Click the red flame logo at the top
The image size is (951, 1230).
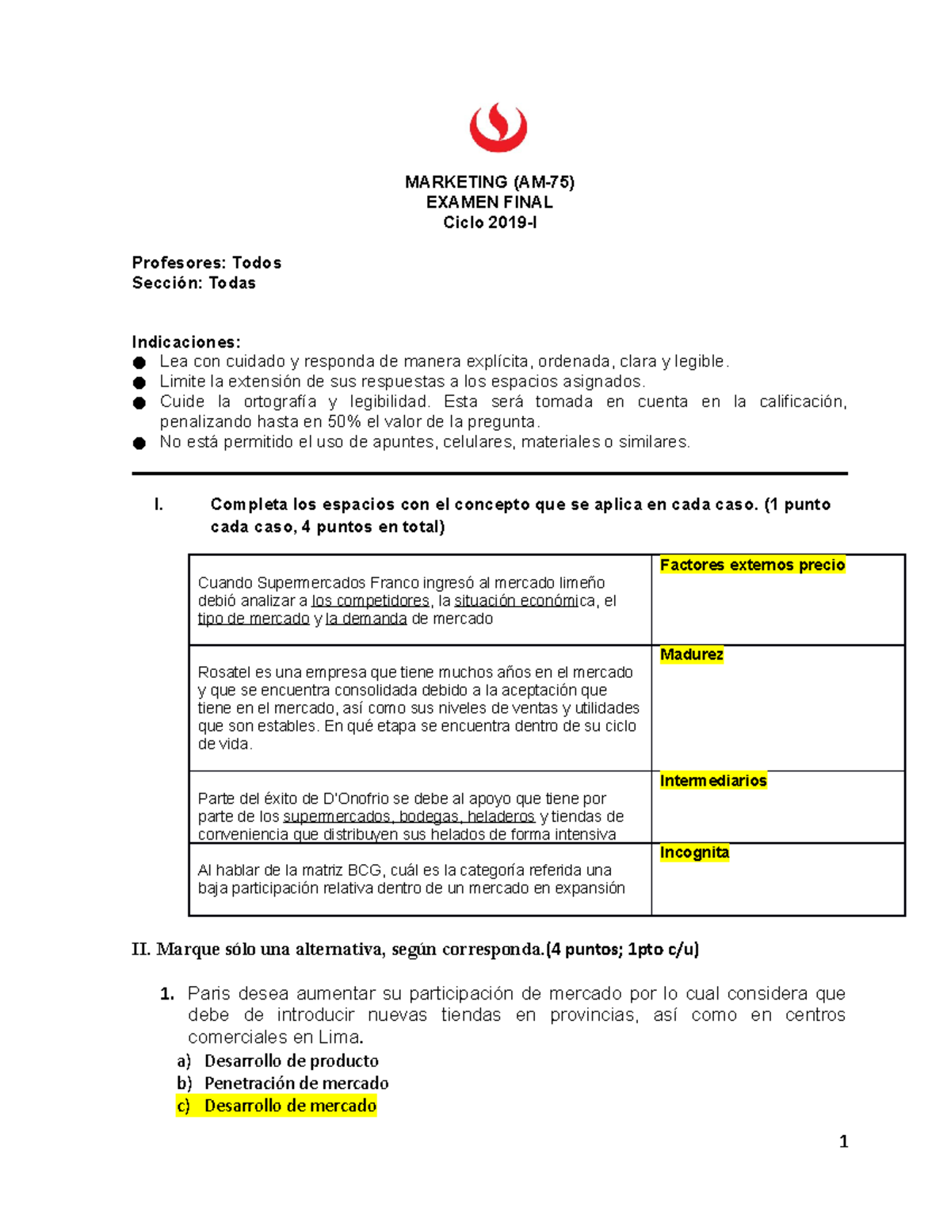498,128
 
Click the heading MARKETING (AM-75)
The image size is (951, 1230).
489,182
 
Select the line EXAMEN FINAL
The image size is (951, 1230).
489,202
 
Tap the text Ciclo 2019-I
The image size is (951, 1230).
489,223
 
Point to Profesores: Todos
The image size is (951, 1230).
206,263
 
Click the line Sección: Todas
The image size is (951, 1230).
193,283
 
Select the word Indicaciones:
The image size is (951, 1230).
186,342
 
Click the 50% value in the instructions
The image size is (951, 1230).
344,421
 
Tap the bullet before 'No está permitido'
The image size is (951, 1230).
139,443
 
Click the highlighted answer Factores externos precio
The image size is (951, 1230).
752,565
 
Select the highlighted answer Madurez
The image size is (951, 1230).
691,654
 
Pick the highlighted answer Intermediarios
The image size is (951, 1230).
712,781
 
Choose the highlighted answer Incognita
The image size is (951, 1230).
694,852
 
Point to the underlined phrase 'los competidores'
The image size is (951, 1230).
370,601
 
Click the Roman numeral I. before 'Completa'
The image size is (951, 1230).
159,505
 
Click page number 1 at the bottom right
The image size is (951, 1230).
843,1141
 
